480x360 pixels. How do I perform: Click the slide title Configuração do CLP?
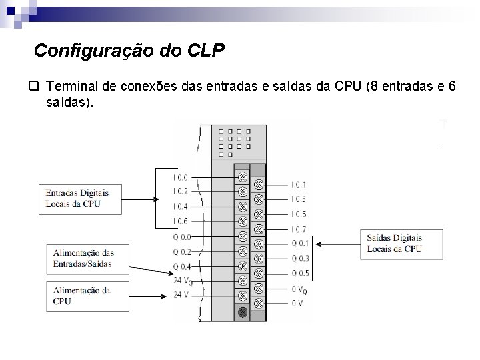pyautogui.click(x=129, y=51)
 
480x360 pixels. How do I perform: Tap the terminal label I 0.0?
pyautogui.click(x=181, y=178)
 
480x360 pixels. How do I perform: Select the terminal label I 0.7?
pyautogui.click(x=299, y=229)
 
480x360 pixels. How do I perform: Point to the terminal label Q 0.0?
pyautogui.click(x=181, y=237)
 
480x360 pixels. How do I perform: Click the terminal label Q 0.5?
pyautogui.click(x=300, y=273)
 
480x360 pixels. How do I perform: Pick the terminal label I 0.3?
pyautogui.click(x=299, y=199)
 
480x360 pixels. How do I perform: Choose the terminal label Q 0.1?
pyautogui.click(x=300, y=243)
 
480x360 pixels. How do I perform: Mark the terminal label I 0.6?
pyautogui.click(x=181, y=221)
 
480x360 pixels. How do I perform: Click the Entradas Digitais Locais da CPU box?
pyautogui.click(x=80, y=198)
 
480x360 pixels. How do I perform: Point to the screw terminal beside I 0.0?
pyautogui.click(x=243, y=177)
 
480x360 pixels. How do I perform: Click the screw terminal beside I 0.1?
pyautogui.click(x=259, y=185)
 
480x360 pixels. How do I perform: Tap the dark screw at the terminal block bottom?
pyautogui.click(x=243, y=311)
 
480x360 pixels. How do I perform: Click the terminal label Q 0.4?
pyautogui.click(x=181, y=267)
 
